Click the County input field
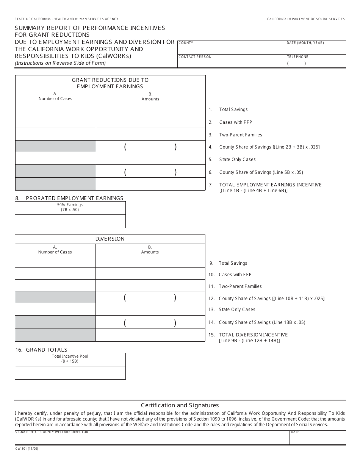pyautogui.click(x=231, y=50)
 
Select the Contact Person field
pyautogui.click(x=231, y=63)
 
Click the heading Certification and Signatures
pyautogui.click(x=180, y=405)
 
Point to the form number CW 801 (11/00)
pyautogui.click(x=27, y=449)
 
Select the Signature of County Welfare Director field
pyautogui.click(x=152, y=439)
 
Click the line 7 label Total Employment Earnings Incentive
pyautogui.click(x=270, y=185)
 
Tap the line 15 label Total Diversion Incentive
pyautogui.click(x=253, y=335)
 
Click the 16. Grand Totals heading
pyautogui.click(x=41, y=350)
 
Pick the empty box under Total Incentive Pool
pyautogui.click(x=70, y=373)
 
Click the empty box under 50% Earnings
pyautogui.click(x=70, y=221)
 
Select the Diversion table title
pyautogui.click(x=110, y=239)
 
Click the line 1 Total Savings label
pyautogui.click(x=233, y=109)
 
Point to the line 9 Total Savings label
pyautogui.click(x=233, y=263)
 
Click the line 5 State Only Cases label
pyautogui.click(x=237, y=160)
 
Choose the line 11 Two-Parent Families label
pyautogui.click(x=240, y=286)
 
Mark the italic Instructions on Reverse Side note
pyautogui.click(x=60, y=63)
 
